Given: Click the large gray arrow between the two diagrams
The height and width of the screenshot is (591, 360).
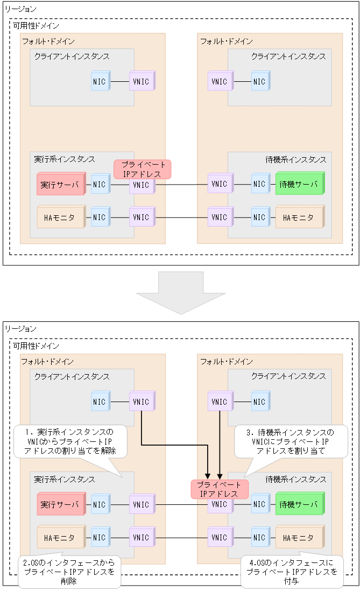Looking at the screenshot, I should [x=180, y=293].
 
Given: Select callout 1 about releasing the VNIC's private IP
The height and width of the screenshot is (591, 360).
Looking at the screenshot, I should [x=70, y=441].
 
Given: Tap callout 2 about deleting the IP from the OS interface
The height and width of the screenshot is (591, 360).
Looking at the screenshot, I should [x=69, y=572].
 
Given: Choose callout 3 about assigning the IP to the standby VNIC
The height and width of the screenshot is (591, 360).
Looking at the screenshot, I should [x=291, y=441].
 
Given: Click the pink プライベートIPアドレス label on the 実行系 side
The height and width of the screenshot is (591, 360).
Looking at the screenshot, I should [x=142, y=169].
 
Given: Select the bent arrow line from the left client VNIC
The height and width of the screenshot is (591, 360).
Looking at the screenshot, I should [x=172, y=445].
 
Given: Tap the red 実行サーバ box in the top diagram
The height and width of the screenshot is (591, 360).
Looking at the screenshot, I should [x=61, y=185].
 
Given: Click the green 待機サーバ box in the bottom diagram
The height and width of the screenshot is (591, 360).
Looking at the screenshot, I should [x=299, y=505].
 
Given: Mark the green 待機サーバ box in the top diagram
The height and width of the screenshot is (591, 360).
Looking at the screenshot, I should [x=299, y=184].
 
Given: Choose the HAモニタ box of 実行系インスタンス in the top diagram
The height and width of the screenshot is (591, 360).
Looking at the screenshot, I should [x=61, y=217].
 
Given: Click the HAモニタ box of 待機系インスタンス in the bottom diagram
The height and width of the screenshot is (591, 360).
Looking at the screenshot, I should [x=299, y=538].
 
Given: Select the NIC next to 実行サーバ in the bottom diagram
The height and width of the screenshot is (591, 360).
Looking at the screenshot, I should [x=100, y=505].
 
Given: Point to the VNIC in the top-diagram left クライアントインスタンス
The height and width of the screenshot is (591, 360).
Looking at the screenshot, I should [x=142, y=82].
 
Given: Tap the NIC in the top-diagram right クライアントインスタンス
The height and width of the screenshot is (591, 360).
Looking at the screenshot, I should [x=260, y=82].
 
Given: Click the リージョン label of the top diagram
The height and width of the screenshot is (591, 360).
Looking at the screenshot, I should [x=21, y=9].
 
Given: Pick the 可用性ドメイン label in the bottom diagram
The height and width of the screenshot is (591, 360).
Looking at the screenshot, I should [x=36, y=346].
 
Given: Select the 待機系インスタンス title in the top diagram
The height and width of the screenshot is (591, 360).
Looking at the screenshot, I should [x=295, y=159].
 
